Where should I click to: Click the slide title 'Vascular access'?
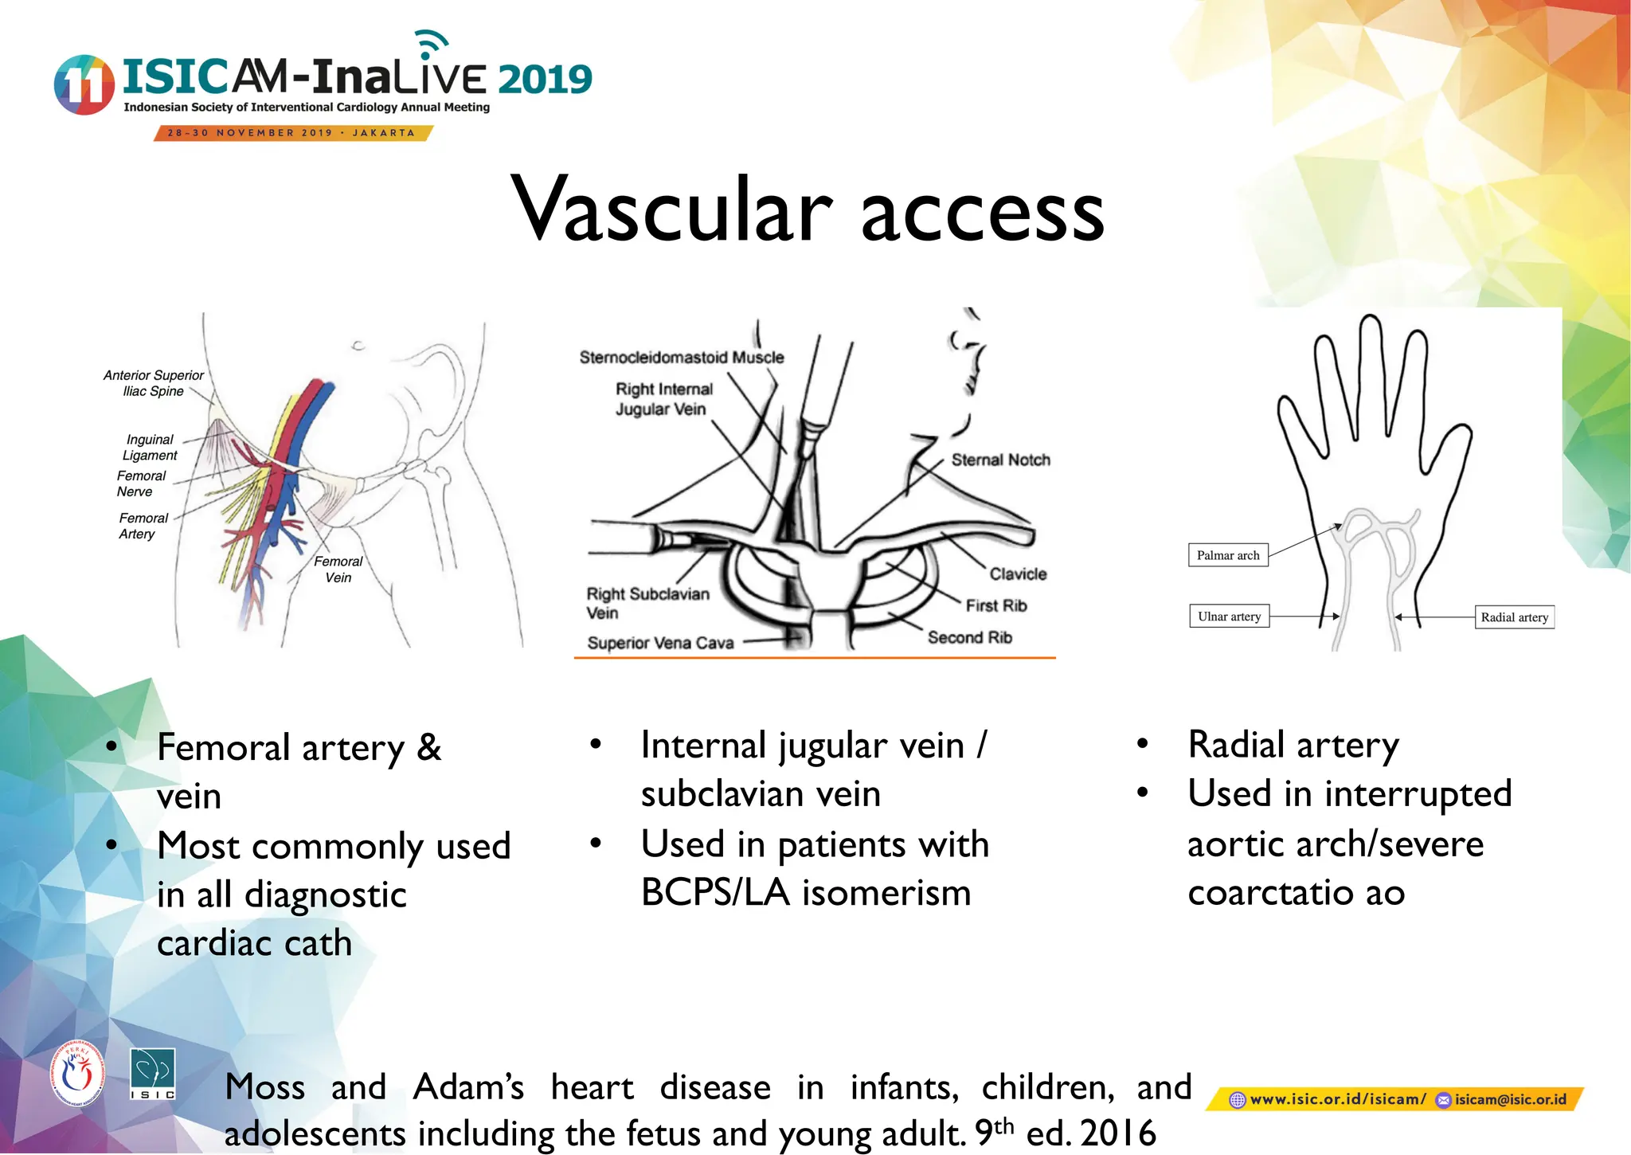(x=808, y=209)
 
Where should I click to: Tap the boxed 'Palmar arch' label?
(x=1227, y=555)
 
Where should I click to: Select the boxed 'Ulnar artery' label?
(x=1229, y=617)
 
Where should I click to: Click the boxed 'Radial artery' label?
(x=1514, y=617)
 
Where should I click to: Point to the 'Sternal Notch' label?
(x=1000, y=460)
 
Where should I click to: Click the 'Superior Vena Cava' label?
(x=660, y=643)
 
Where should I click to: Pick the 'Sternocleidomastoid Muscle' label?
(x=682, y=358)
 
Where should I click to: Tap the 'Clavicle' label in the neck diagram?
(x=1018, y=574)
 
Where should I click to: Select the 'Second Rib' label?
(x=969, y=637)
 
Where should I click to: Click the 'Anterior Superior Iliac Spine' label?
(x=153, y=383)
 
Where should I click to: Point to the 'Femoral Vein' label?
(x=338, y=570)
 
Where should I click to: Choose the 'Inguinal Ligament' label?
(x=150, y=448)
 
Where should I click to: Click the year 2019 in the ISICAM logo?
(x=545, y=80)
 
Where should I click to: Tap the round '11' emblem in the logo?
(x=84, y=84)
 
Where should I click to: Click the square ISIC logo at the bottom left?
(x=152, y=1074)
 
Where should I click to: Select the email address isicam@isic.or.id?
(x=1509, y=1099)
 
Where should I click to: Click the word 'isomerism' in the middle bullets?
(x=886, y=892)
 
